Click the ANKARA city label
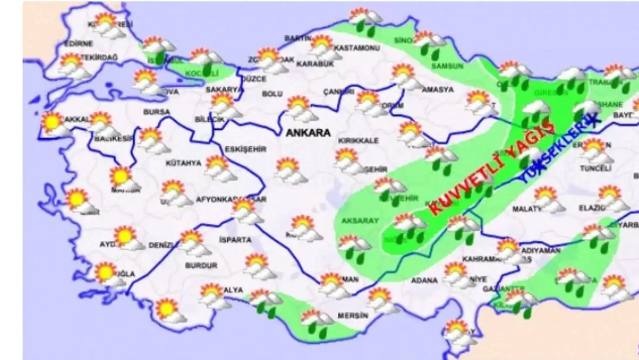tap(308, 133)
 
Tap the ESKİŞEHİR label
tap(245, 149)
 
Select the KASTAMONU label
tap(357, 48)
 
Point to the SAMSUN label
tap(447, 66)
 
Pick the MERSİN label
tap(353, 316)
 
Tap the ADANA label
tap(424, 281)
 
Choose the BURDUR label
tap(201, 265)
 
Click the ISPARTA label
tap(235, 240)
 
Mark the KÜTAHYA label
tap(183, 163)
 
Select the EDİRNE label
tap(79, 44)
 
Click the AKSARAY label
tap(360, 221)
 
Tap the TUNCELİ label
tap(596, 168)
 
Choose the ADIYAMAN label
tap(541, 250)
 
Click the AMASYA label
tap(437, 90)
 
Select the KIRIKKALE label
tap(358, 141)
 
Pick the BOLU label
tap(272, 94)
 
